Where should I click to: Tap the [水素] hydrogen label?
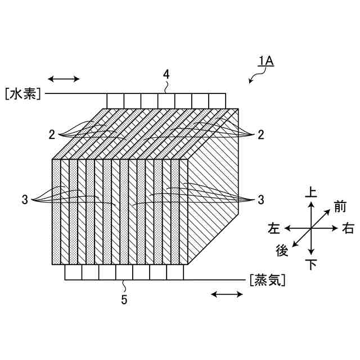[x=22, y=93]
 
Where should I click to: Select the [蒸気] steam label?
[x=265, y=280]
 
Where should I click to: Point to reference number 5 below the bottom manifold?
[x=124, y=299]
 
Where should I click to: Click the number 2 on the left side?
[x=51, y=134]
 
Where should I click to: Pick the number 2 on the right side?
[x=260, y=134]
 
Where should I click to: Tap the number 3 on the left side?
[x=25, y=199]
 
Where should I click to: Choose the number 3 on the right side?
[x=260, y=199]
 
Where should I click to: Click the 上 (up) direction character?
[x=310, y=193]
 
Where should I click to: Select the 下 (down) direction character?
[x=310, y=264]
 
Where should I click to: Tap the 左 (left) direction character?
[x=274, y=228]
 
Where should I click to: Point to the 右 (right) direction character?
[x=348, y=228]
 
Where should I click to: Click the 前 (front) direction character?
[x=339, y=207]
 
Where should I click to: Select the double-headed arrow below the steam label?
[x=227, y=294]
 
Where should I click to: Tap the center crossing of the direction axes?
[x=310, y=228]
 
